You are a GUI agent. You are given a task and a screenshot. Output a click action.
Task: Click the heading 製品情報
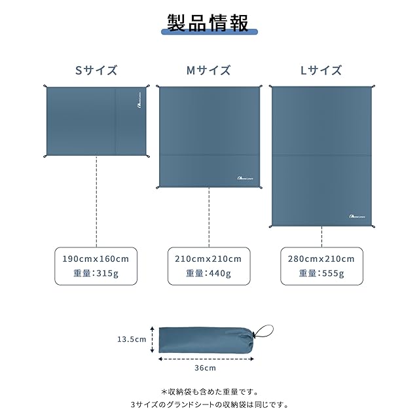pos(208,24)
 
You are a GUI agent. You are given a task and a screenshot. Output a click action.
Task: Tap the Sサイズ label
pos(96,70)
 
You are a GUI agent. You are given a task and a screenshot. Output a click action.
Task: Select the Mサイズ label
pos(209,70)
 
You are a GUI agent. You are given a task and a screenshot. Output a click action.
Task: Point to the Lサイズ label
pos(321,70)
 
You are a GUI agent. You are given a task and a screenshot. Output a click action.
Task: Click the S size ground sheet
pos(96,122)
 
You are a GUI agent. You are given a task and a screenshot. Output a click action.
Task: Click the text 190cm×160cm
pos(96,259)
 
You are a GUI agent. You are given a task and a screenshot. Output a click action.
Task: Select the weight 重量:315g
pos(96,274)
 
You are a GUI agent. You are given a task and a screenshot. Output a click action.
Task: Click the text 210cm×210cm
pos(209,259)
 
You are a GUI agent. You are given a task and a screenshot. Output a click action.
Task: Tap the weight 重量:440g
pos(209,274)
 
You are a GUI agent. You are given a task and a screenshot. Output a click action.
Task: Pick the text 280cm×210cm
pos(321,259)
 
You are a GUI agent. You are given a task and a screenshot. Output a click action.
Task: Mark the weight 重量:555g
pos(321,274)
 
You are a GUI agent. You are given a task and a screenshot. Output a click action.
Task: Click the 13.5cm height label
pos(132,339)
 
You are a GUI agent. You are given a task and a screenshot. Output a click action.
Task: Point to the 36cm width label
pos(207,368)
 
